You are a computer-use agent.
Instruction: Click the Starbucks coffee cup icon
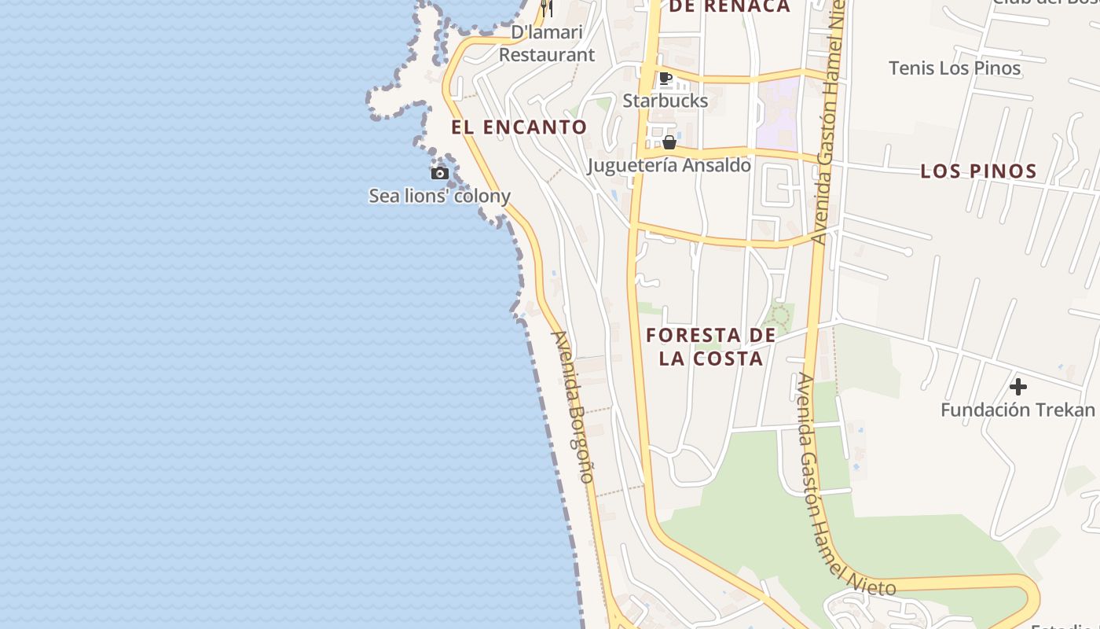point(665,78)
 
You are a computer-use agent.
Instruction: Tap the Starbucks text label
point(665,101)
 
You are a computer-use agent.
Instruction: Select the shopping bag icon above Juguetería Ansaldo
point(669,142)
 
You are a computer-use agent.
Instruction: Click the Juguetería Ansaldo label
point(669,165)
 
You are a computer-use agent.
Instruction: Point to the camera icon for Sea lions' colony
point(439,173)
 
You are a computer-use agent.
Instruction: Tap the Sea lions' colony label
point(439,196)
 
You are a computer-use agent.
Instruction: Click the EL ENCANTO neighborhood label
point(519,127)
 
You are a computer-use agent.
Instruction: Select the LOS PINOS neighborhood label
point(978,171)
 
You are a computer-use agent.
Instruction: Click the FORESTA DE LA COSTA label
point(711,347)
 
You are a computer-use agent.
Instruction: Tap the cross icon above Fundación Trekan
point(1017,387)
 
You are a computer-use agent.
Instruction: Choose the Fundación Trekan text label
point(1017,410)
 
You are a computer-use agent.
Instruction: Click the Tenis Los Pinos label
point(955,68)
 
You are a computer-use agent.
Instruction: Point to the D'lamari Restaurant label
point(547,44)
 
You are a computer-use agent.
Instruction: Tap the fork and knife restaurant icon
point(547,9)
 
